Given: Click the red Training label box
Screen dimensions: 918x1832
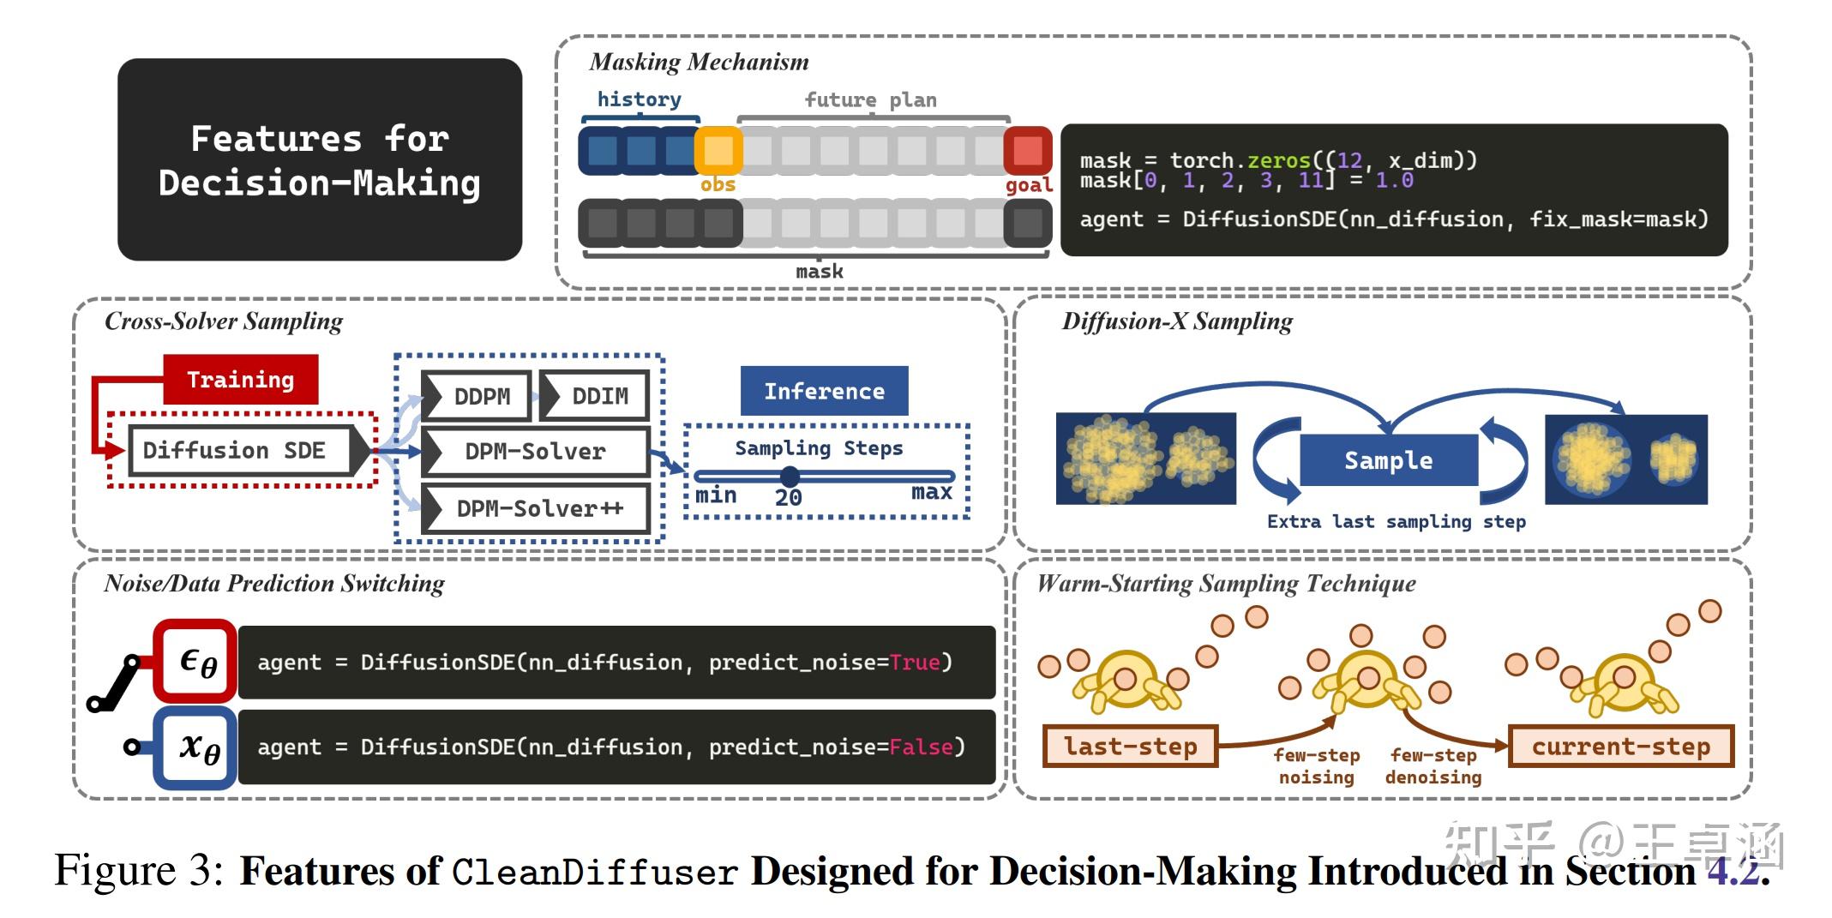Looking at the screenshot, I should [x=240, y=380].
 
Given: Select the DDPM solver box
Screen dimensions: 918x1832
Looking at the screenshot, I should [x=477, y=396].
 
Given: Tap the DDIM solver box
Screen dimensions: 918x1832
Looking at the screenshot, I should [x=595, y=396].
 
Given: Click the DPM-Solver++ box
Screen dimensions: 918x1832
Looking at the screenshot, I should [x=537, y=508].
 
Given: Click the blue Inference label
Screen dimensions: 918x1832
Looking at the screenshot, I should [x=824, y=392].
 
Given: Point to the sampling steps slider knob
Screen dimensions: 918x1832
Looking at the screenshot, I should [x=790, y=476].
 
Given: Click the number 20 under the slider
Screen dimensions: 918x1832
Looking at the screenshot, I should [x=788, y=498].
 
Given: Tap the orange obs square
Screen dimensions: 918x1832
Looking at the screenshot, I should [x=718, y=151].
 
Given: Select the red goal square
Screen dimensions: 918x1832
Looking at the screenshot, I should [x=1027, y=151].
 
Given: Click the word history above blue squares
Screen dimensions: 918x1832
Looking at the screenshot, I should [x=639, y=99].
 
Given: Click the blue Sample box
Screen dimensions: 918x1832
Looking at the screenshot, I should [x=1388, y=460].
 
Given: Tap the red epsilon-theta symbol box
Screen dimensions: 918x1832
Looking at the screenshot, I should [x=196, y=662].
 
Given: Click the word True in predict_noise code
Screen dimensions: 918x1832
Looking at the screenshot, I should [x=914, y=663].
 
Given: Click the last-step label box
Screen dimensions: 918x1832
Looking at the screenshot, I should [x=1129, y=746].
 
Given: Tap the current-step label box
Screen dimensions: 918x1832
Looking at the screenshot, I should [x=1620, y=746].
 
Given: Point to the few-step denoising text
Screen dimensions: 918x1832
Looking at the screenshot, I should [x=1433, y=766].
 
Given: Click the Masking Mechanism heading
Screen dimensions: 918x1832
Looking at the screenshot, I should [x=699, y=62].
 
